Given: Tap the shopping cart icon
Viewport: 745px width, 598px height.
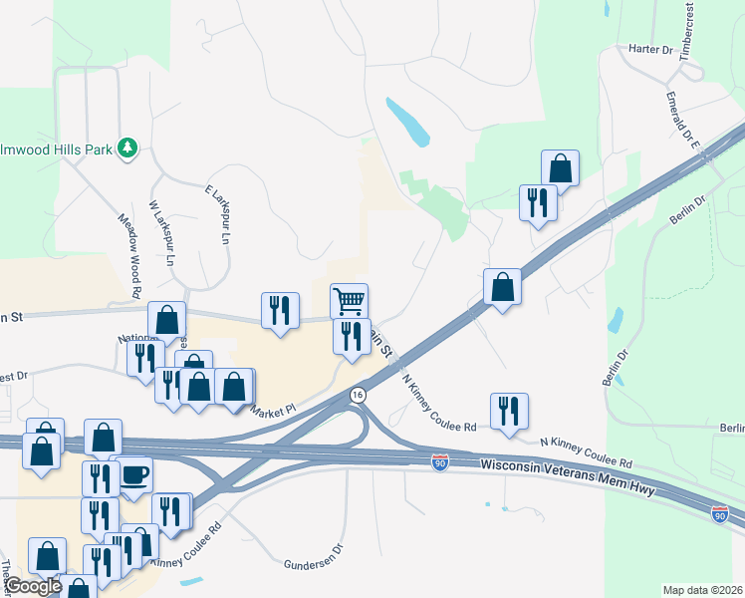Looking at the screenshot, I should pyautogui.click(x=349, y=299).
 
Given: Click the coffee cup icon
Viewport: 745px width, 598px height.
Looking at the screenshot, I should pyautogui.click(x=134, y=474).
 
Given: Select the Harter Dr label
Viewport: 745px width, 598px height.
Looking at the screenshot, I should pyautogui.click(x=652, y=49).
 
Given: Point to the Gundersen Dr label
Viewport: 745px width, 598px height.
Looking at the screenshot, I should pyautogui.click(x=313, y=548).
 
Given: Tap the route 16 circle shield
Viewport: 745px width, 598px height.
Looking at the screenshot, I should pyautogui.click(x=357, y=396).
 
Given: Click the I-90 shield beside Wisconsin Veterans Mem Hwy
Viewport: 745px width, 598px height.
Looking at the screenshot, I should pyautogui.click(x=441, y=462).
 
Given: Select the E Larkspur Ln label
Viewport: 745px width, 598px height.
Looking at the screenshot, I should pyautogui.click(x=218, y=214).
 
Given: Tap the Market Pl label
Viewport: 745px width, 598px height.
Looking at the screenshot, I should pyautogui.click(x=274, y=410).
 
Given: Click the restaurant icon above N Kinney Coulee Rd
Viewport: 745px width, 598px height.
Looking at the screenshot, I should pyautogui.click(x=509, y=410).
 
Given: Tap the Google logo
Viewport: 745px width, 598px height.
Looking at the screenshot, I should pyautogui.click(x=32, y=586).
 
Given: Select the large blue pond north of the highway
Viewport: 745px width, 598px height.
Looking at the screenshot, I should pyautogui.click(x=408, y=122).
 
